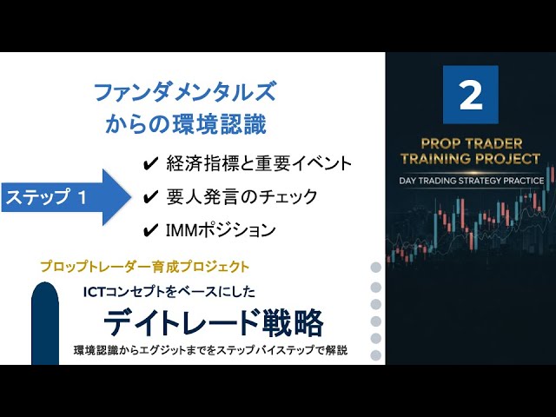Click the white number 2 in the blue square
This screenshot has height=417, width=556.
pyautogui.click(x=471, y=95)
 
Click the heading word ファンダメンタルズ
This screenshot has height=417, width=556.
pyautogui.click(x=185, y=92)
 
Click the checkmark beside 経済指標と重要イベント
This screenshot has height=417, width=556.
pyautogui.click(x=150, y=164)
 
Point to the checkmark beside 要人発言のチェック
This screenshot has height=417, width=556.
pyautogui.click(x=150, y=197)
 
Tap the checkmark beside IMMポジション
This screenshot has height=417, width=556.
pyautogui.click(x=150, y=230)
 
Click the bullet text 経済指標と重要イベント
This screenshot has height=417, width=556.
pyautogui.click(x=259, y=164)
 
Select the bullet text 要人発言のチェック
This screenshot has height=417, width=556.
pyautogui.click(x=242, y=196)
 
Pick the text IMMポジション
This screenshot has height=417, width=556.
pyautogui.click(x=221, y=229)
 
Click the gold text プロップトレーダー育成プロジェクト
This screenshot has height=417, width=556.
pyautogui.click(x=145, y=267)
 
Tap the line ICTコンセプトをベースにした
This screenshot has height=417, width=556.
pyautogui.click(x=169, y=292)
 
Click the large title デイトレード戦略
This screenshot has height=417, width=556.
pyautogui.click(x=214, y=322)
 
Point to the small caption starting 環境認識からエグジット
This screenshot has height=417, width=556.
pyautogui.click(x=210, y=350)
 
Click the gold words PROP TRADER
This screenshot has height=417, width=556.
pyautogui.click(x=472, y=143)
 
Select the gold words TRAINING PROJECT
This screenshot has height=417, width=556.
pyautogui.click(x=471, y=158)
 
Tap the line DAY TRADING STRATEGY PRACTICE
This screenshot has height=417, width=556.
pyautogui.click(x=471, y=181)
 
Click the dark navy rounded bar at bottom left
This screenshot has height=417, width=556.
pyautogui.click(x=45, y=323)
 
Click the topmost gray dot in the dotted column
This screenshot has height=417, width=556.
pyautogui.click(x=376, y=268)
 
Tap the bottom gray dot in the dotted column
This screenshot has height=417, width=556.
pyautogui.click(x=376, y=355)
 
